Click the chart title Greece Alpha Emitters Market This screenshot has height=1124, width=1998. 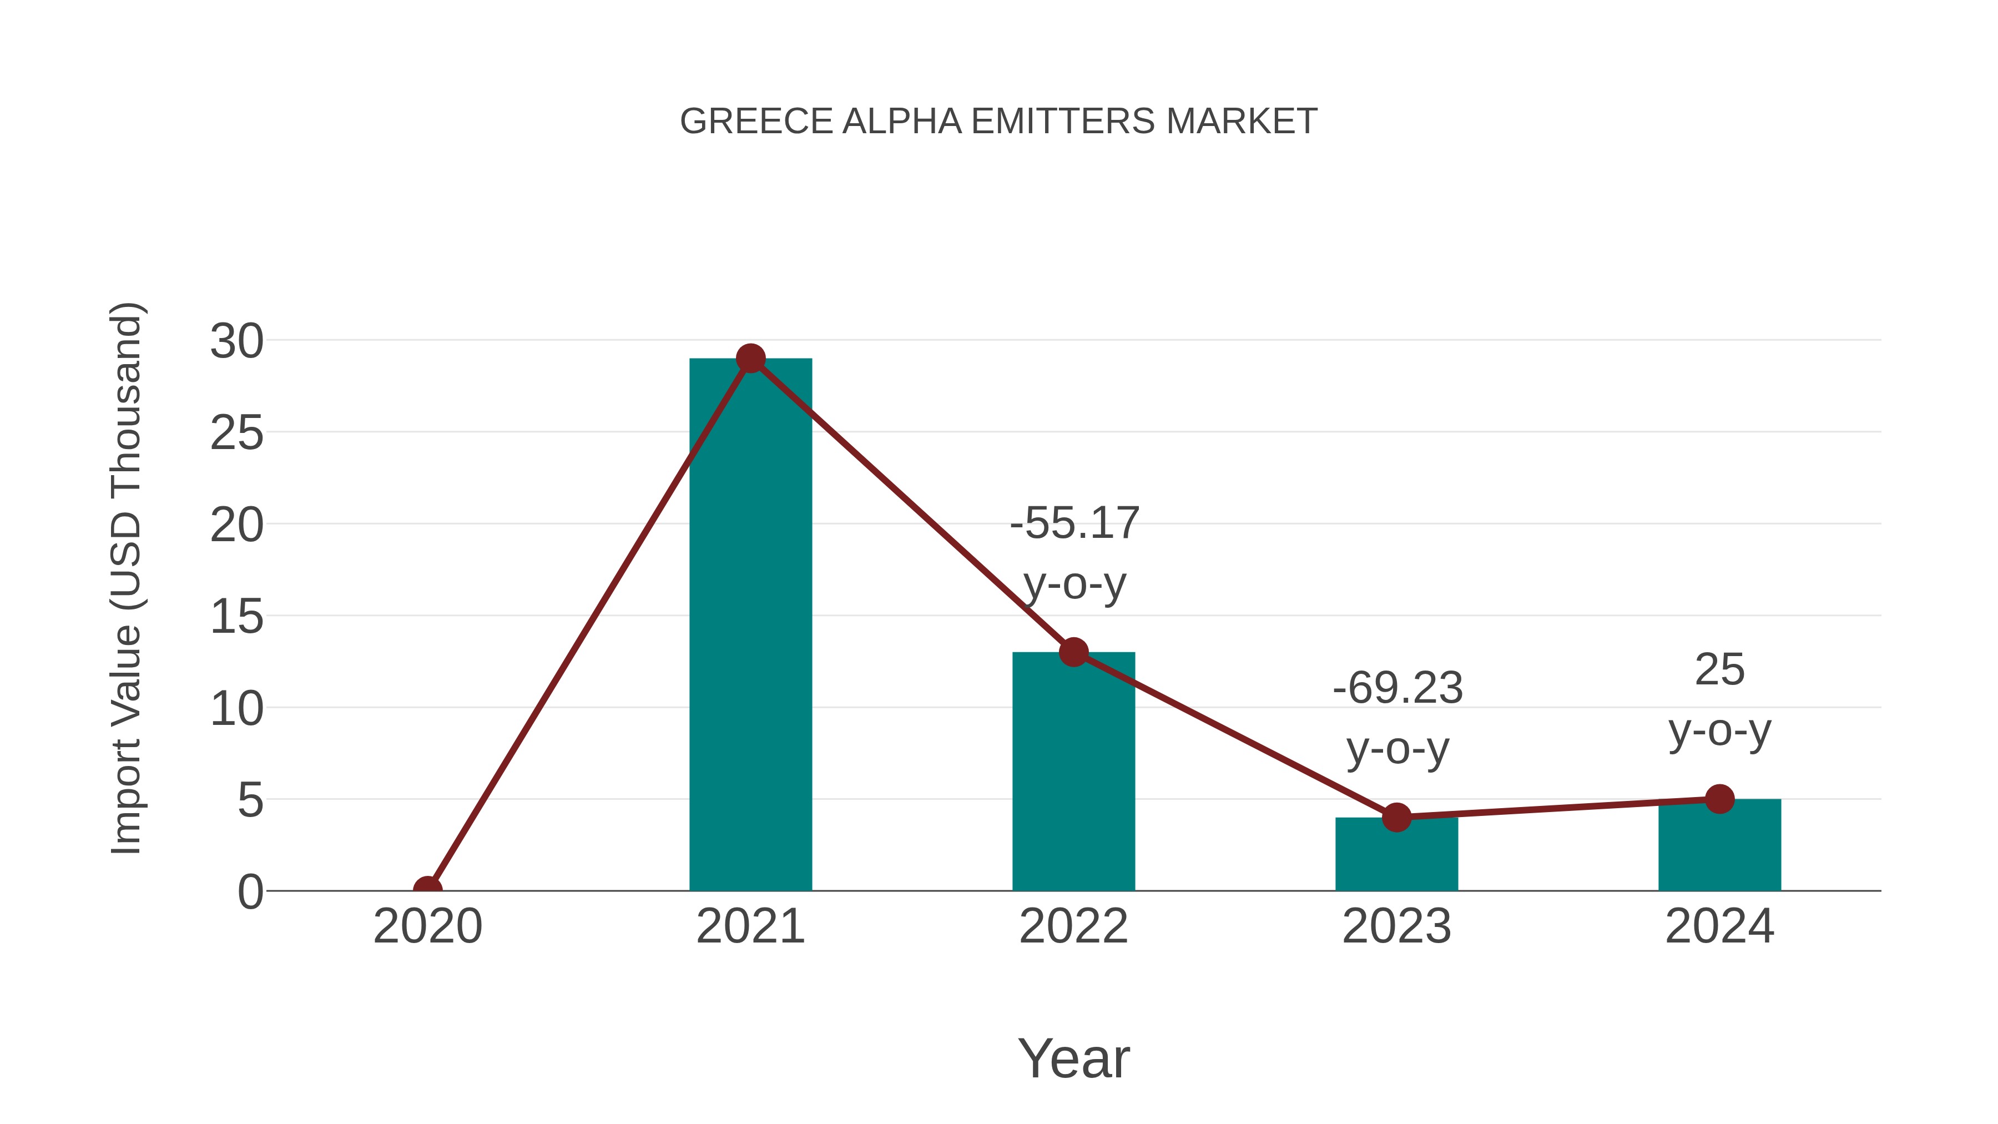pos(998,122)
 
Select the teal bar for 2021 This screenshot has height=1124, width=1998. pos(750,636)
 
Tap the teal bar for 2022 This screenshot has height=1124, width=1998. pos(1073,776)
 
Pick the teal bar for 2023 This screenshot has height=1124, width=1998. pos(1396,857)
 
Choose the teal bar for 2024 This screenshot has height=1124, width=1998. pos(1719,847)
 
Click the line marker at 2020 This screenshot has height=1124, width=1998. pos(427,889)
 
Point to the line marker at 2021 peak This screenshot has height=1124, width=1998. pos(750,359)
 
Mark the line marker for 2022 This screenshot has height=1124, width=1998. pos(1073,652)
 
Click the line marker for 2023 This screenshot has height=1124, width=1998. pos(1396,818)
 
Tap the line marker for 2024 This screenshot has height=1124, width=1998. pos(1719,799)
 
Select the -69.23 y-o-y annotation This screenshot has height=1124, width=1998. pos(1397,718)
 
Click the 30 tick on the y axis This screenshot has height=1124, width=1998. pos(236,341)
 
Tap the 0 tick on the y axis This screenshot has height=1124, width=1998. pos(250,892)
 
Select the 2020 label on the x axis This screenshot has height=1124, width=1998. pos(427,926)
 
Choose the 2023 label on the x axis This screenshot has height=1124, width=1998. pos(1396,926)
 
